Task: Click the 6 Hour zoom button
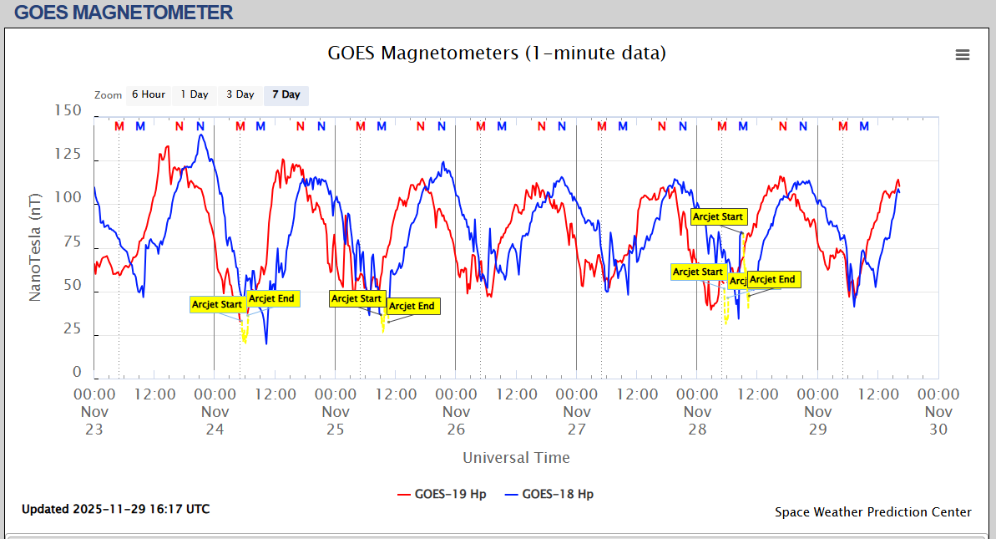tap(149, 95)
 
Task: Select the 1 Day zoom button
tap(195, 95)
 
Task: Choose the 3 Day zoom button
tap(240, 95)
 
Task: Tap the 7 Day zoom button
tap(286, 95)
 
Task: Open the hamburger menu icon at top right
tap(963, 55)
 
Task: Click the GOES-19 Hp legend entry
tap(442, 494)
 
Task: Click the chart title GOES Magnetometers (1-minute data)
tap(498, 53)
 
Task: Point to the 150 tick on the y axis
tap(68, 110)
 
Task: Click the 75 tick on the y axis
tap(73, 242)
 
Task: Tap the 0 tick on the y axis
tap(78, 373)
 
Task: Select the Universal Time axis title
tap(516, 458)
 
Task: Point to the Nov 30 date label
tap(938, 420)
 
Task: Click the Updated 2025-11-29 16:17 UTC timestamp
tap(115, 509)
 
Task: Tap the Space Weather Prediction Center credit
tap(872, 512)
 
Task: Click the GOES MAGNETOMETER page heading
tap(124, 13)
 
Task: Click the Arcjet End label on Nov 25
tap(412, 307)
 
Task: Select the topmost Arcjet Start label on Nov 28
tap(718, 217)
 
